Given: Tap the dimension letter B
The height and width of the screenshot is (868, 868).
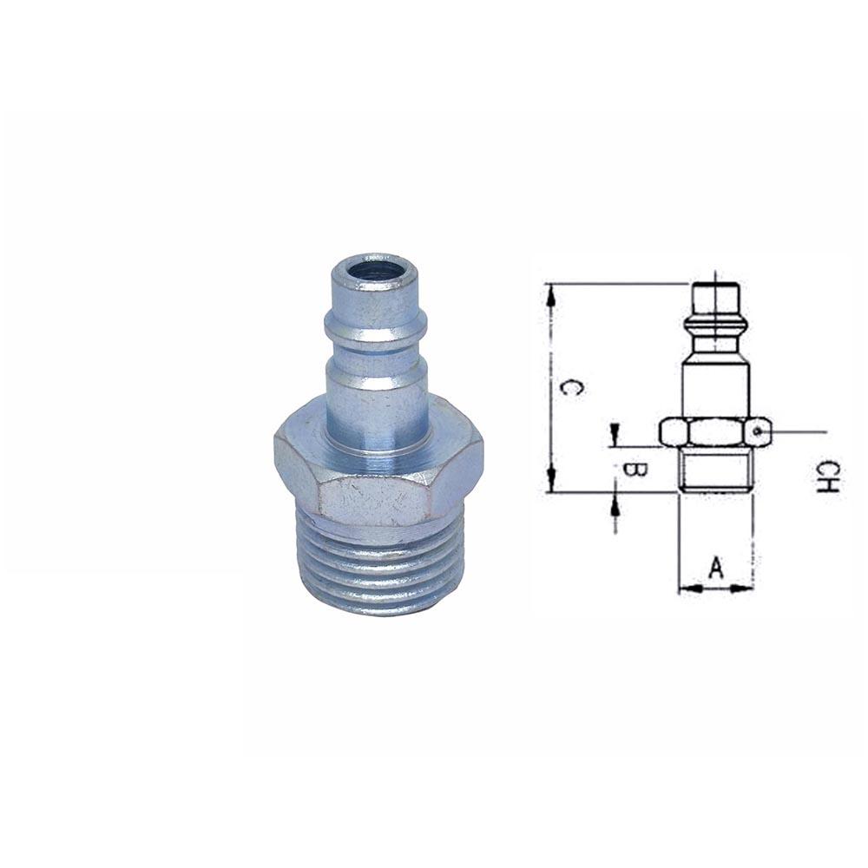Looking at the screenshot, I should [x=635, y=470].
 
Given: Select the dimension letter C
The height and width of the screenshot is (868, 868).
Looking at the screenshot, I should [x=569, y=388].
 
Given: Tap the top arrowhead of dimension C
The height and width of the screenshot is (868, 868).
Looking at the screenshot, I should [x=549, y=293].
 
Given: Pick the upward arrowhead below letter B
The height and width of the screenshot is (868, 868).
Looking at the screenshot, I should [x=615, y=502].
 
